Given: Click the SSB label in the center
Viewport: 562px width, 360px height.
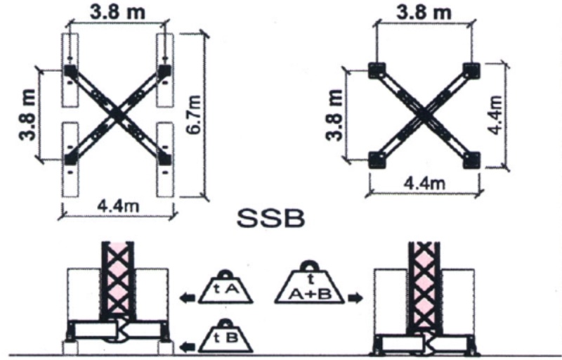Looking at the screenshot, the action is [x=271, y=219].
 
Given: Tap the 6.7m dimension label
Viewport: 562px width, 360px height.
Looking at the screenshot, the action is [x=194, y=115].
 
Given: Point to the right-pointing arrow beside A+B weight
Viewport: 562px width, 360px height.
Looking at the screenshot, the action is [x=355, y=298].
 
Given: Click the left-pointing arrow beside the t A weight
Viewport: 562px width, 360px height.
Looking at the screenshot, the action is [x=188, y=298].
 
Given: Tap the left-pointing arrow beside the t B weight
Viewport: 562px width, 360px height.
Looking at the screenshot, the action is [x=188, y=347].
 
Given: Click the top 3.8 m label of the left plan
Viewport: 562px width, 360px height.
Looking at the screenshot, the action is [x=117, y=12].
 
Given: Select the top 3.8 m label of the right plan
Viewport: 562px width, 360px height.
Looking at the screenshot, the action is [x=424, y=12].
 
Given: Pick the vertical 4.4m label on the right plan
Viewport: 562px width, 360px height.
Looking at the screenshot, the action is [x=496, y=114].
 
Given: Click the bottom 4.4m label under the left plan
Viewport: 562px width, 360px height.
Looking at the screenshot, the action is [x=118, y=207].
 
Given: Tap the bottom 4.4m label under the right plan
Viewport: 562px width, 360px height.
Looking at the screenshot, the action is [x=425, y=184].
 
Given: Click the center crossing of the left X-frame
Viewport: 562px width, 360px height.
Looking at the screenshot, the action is [x=117, y=115].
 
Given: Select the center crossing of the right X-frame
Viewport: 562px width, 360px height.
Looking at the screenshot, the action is [x=424, y=115].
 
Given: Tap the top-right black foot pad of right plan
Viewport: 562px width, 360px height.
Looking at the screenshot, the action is [x=471, y=70].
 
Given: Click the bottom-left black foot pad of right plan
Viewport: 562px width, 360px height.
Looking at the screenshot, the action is [x=377, y=160].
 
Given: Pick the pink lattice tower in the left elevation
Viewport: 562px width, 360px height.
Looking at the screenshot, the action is [x=118, y=281].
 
